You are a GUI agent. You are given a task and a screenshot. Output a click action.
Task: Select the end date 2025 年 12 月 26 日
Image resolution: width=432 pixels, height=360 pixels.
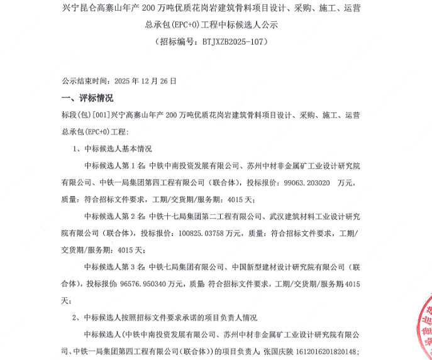point(144,81)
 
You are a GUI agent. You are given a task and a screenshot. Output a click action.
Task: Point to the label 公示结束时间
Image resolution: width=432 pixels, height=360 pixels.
point(84,81)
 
